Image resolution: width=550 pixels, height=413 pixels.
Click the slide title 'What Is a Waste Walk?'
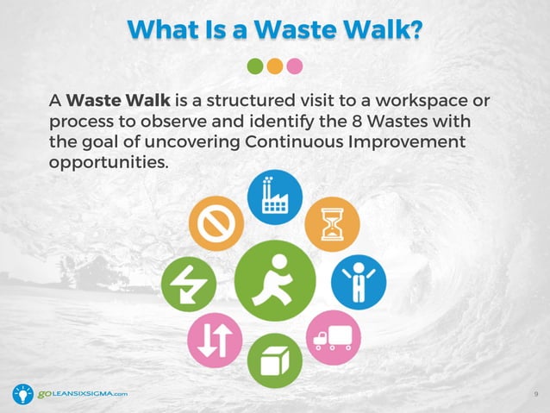point(275,28)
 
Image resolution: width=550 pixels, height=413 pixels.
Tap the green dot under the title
point(254,66)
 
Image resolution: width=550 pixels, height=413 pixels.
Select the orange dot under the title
point(274,66)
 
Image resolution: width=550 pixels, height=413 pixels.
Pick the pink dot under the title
point(295,66)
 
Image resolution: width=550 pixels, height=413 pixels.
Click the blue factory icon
point(275,196)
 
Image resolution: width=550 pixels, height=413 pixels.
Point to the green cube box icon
point(275,360)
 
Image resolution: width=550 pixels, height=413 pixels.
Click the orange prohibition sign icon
point(216,223)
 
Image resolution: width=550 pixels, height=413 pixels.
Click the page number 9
point(536,394)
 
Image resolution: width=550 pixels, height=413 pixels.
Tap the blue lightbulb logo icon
point(23,394)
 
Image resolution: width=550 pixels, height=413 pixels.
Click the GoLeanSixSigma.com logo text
point(82,394)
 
